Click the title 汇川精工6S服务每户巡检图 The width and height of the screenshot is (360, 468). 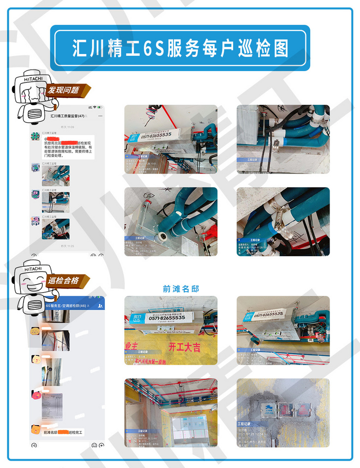click(180, 48)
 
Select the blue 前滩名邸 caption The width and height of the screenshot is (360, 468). click(181, 288)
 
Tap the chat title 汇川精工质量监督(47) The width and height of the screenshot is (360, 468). click(67, 116)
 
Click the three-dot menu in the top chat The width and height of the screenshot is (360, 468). click(101, 116)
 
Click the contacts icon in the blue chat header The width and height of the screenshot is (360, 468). click(101, 306)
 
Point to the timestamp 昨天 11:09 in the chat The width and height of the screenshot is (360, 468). click(67, 126)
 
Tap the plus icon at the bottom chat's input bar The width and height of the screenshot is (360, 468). click(101, 445)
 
